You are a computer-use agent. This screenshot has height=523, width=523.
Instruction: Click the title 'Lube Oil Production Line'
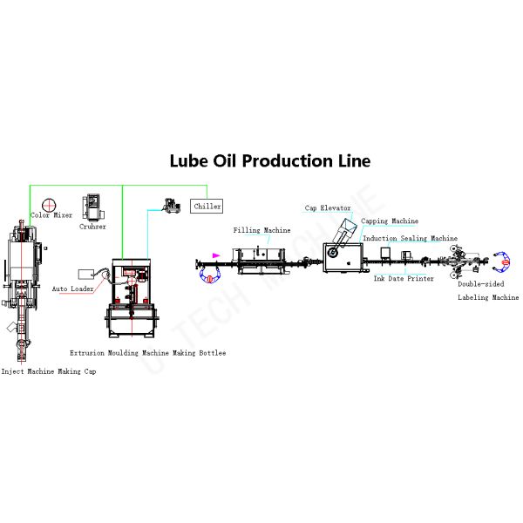click(269, 161)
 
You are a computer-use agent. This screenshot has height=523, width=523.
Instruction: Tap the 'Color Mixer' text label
click(51, 215)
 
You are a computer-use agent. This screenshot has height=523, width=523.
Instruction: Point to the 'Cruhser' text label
click(92, 227)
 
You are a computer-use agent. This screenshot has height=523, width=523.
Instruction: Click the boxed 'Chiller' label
click(207, 207)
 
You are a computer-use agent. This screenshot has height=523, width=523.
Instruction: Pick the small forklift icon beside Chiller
click(171, 207)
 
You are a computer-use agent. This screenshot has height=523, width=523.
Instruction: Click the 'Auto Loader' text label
click(73, 288)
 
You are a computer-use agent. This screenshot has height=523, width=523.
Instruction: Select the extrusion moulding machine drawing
click(132, 296)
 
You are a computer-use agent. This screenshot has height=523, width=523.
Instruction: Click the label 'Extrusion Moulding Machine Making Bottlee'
click(147, 353)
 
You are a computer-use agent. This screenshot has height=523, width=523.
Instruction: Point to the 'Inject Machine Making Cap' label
click(49, 371)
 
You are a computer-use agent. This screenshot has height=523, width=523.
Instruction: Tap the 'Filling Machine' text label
click(261, 230)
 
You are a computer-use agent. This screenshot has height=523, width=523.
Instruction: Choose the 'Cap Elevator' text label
click(328, 208)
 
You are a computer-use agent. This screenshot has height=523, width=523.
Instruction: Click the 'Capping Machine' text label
click(391, 221)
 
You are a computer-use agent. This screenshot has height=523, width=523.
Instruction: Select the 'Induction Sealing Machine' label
click(410, 238)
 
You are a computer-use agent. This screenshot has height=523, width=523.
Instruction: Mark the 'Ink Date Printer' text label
click(404, 279)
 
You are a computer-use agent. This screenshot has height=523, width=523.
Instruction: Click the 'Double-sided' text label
click(479, 284)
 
